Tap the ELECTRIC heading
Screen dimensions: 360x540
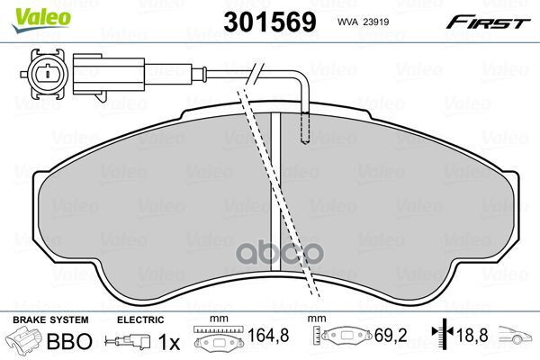pyautogui.click(x=141, y=319)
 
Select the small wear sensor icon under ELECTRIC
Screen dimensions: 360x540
pyautogui.click(x=128, y=342)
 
